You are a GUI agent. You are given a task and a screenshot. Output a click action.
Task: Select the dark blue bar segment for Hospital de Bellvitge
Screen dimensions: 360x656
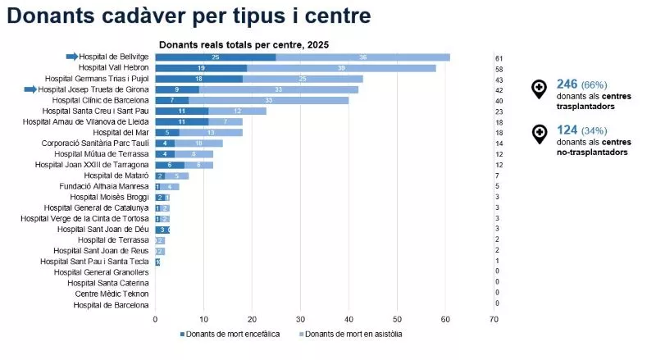click(x=215, y=57)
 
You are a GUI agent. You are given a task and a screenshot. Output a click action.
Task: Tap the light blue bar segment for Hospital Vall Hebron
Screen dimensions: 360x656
click(x=341, y=68)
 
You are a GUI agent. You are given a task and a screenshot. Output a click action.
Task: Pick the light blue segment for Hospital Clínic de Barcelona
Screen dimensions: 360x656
click(x=269, y=100)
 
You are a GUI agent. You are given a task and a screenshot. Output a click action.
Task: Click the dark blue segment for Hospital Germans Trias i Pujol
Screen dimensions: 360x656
click(x=198, y=79)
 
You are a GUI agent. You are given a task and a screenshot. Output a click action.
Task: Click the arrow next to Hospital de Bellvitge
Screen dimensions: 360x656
click(x=72, y=57)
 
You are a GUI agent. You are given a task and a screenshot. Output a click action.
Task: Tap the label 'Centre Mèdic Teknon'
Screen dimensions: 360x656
click(x=112, y=293)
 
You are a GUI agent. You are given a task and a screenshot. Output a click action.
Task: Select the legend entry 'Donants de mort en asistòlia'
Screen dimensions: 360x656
click(x=355, y=335)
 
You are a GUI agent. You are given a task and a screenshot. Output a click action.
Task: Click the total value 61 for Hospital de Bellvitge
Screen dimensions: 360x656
click(x=498, y=58)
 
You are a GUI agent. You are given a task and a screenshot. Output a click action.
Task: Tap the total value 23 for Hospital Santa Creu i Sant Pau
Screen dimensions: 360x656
click(x=498, y=112)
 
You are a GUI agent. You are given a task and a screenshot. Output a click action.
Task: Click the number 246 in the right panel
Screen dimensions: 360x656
click(x=567, y=84)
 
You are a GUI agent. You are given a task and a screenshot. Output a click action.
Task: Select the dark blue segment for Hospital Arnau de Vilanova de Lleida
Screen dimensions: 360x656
click(x=181, y=121)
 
